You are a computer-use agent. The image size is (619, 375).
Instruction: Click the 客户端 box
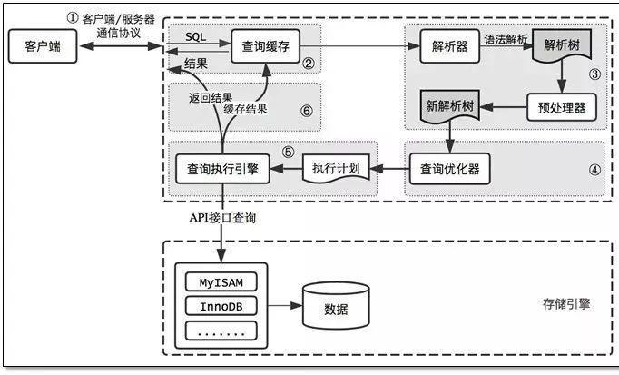[x=37, y=46]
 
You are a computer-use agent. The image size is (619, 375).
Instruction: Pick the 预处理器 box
[x=560, y=107]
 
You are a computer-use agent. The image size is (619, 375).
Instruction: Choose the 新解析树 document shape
[x=450, y=107]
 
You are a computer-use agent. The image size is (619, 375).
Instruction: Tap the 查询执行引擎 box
[x=221, y=168]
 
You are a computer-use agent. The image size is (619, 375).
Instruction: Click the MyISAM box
[x=221, y=281]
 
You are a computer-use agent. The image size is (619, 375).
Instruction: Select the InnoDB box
[x=221, y=306]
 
